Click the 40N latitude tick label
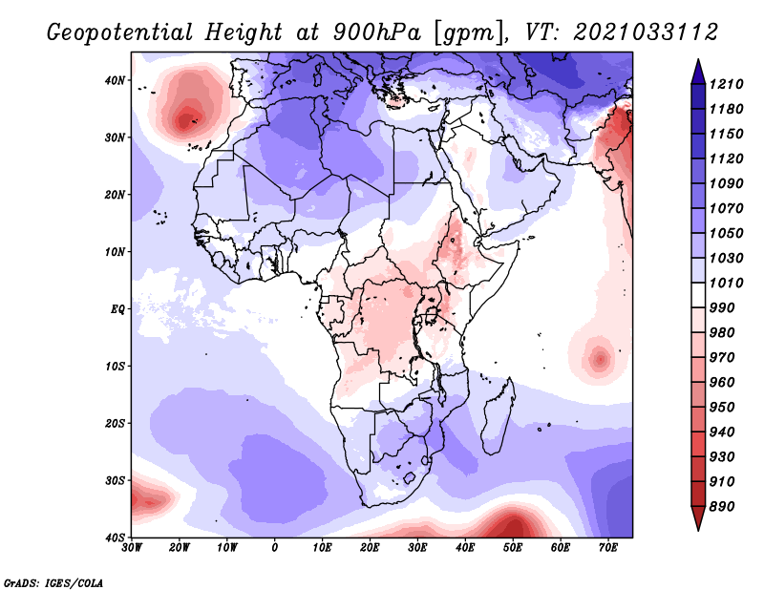pos(116,80)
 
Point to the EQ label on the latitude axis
pos(117,308)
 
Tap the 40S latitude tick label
pos(116,537)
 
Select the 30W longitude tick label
pos(132,547)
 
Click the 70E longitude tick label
pos(608,547)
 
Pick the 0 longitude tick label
pos(275,547)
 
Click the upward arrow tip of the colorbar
pos(697,62)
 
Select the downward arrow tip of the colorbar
pos(697,525)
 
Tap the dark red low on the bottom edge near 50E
pos(513,527)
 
